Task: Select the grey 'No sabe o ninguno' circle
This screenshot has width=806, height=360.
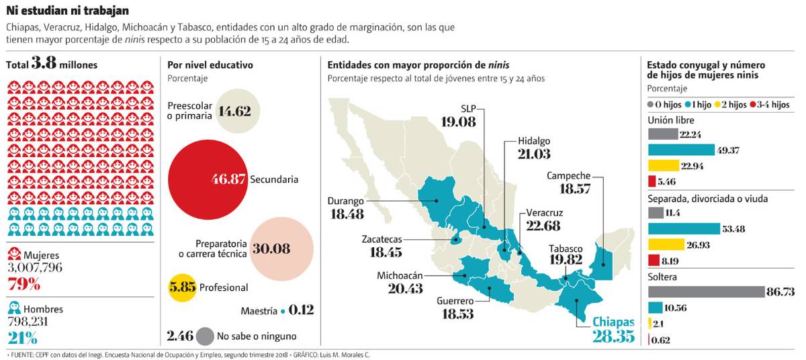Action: [x=206, y=336]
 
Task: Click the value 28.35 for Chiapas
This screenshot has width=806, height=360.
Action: [x=613, y=336]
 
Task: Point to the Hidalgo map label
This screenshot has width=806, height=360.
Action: [x=534, y=141]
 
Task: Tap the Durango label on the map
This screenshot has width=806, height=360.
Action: [x=345, y=201]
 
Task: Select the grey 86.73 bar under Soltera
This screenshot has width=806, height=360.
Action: [x=706, y=291]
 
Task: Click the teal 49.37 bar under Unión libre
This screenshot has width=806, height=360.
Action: [x=681, y=150]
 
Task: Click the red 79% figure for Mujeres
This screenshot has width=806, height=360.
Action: [x=24, y=284]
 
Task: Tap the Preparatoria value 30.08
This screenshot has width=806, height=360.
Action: [x=271, y=249]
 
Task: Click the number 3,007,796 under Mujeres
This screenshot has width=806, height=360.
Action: [x=34, y=268]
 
